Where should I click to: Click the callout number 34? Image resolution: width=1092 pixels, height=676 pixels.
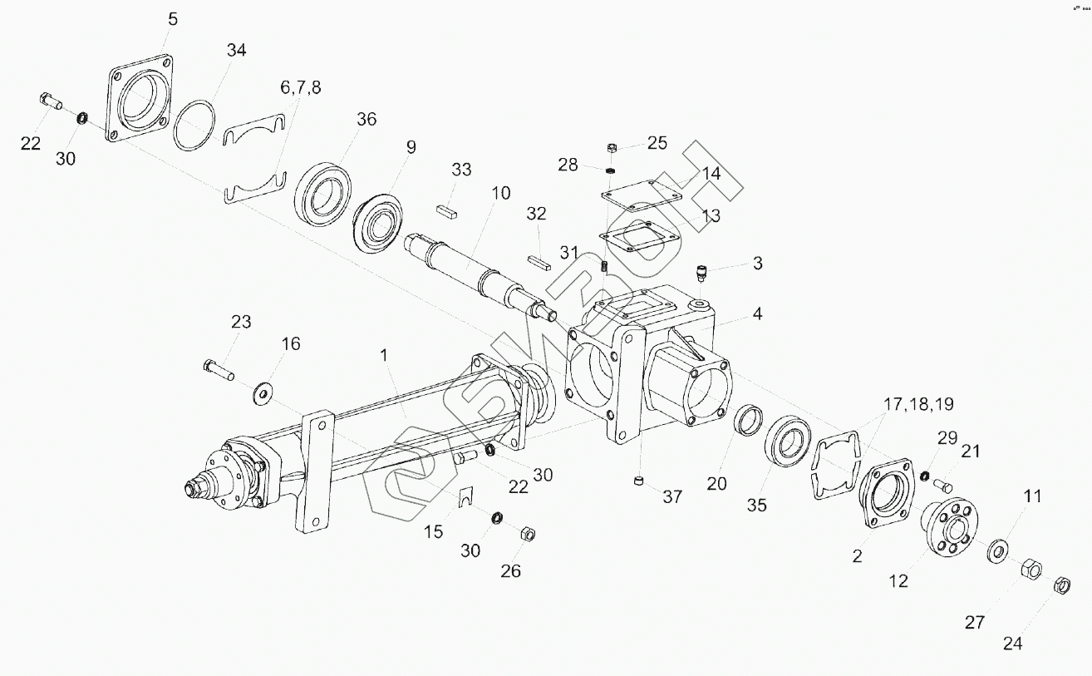(236, 51)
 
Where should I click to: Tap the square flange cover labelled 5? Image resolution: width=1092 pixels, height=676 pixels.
(139, 99)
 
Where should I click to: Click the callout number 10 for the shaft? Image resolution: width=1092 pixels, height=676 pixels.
(500, 194)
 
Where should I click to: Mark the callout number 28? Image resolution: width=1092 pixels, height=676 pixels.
(568, 165)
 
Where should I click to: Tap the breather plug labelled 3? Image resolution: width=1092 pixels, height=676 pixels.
(703, 273)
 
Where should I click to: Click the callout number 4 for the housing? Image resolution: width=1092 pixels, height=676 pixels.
(757, 314)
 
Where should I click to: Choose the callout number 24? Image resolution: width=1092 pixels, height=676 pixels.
(1014, 643)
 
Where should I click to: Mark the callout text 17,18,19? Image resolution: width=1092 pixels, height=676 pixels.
(918, 405)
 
